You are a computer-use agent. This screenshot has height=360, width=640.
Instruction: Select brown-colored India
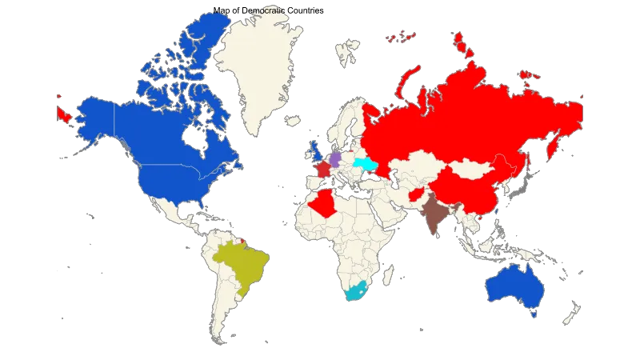434,214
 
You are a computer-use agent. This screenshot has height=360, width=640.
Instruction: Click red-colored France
322,170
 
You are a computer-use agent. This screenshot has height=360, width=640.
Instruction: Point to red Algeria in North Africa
325,202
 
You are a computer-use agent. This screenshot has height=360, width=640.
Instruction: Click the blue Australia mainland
513,288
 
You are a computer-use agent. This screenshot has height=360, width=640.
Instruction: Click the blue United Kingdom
315,149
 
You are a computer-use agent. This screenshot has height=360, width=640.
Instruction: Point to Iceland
292,121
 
